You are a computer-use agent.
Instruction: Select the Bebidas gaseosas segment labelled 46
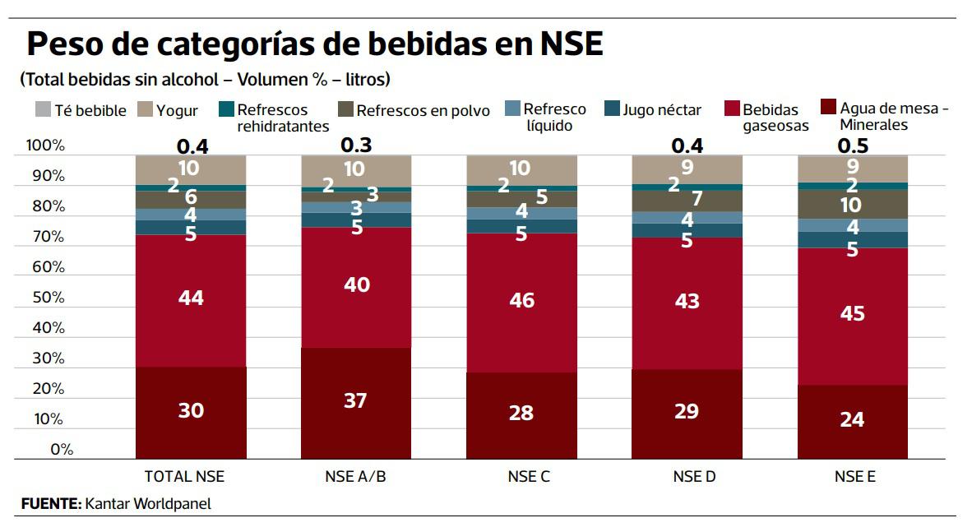(521, 301)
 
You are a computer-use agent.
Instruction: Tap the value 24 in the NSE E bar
(852, 419)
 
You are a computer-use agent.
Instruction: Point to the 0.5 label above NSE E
(853, 146)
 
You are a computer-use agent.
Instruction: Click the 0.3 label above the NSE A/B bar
(356, 145)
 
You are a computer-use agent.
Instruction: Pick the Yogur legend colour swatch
(145, 109)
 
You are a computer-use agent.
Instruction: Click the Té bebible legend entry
(81, 110)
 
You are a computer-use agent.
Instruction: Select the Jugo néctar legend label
(662, 110)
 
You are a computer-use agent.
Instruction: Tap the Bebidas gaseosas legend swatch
(732, 109)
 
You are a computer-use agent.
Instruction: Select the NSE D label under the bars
(687, 476)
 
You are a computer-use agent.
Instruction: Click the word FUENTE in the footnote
(50, 503)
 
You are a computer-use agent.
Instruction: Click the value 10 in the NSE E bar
(851, 205)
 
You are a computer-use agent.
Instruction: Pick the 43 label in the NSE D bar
(687, 301)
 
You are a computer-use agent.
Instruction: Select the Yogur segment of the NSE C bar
(521, 169)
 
